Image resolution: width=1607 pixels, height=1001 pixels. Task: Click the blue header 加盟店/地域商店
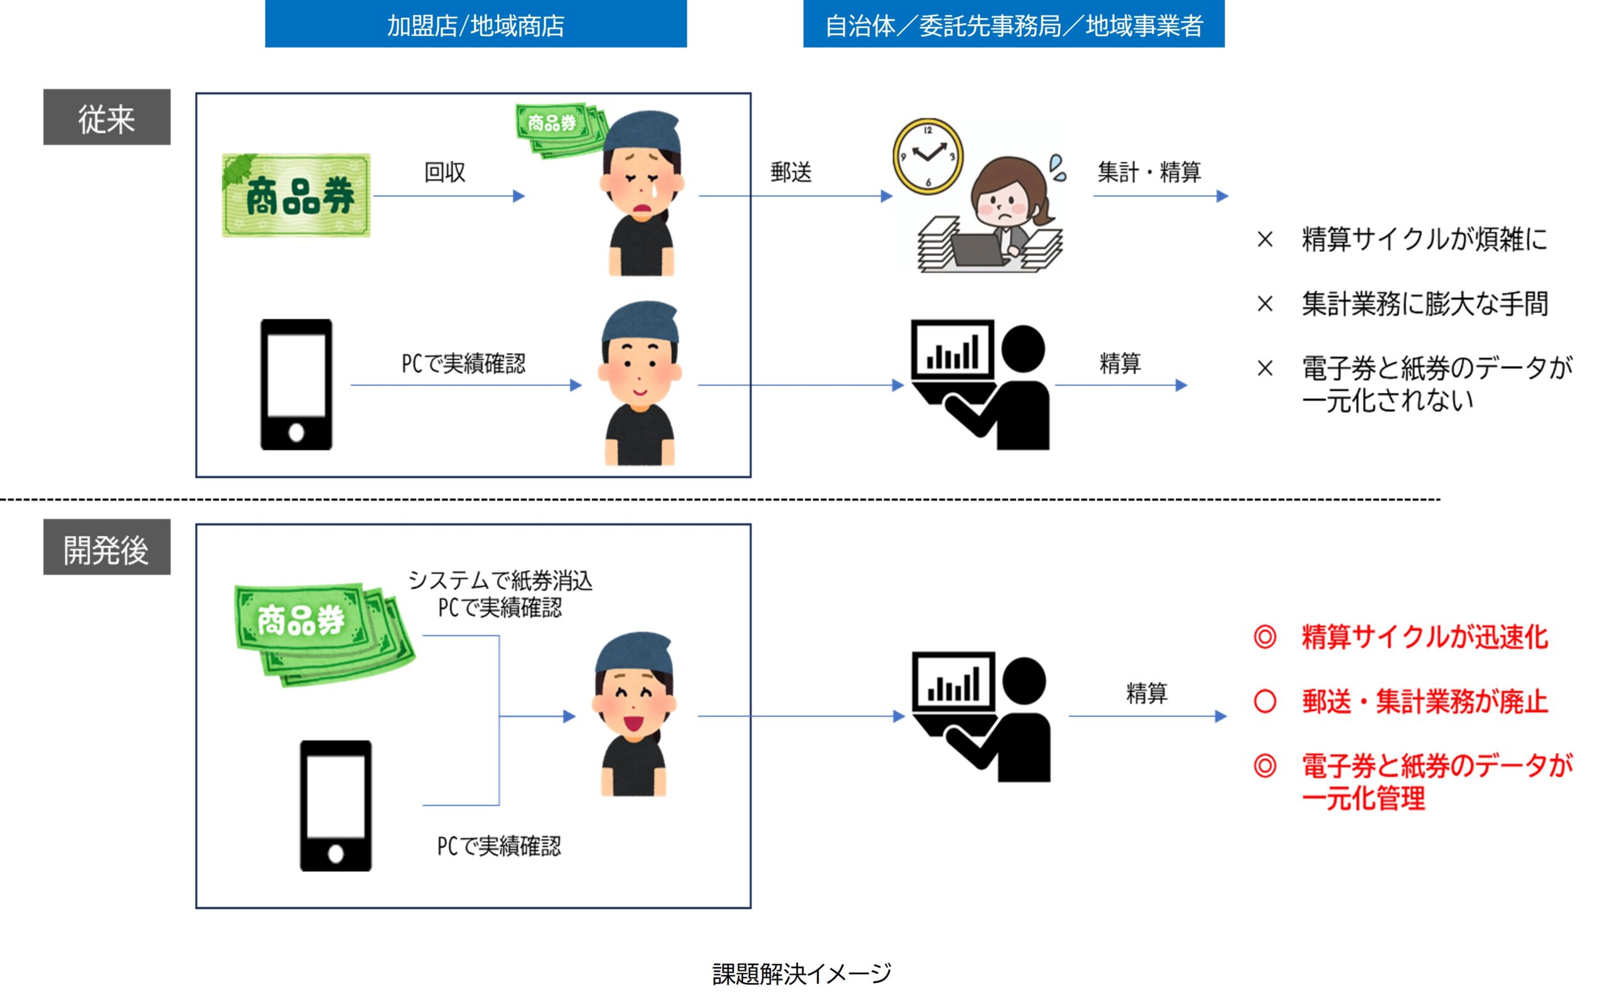[x=475, y=24]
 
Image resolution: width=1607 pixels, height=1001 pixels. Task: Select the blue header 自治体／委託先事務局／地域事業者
[x=1014, y=24]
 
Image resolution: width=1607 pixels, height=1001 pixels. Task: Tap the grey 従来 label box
[x=107, y=117]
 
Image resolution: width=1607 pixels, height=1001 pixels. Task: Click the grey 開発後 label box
[x=107, y=547]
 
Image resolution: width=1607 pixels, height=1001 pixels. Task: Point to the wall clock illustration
[x=928, y=156]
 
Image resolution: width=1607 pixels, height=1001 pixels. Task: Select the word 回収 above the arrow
[x=444, y=172]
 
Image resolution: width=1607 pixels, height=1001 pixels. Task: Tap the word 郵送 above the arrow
[x=790, y=172]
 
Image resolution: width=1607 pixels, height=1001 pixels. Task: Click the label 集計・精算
[x=1149, y=172]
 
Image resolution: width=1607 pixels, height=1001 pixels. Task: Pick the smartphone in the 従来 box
[x=296, y=385]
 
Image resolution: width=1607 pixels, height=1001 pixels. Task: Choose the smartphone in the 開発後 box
[x=336, y=806]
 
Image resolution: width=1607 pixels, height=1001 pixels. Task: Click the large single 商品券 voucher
[x=296, y=196]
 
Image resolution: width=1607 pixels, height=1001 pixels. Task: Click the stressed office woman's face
[x=1004, y=201]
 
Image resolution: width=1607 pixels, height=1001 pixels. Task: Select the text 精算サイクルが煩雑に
[x=1425, y=239]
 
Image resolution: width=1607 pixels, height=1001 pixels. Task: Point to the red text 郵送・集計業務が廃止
[x=1425, y=702]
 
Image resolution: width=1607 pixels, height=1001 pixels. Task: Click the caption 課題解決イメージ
[x=802, y=974]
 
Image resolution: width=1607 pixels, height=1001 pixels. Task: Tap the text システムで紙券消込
[x=500, y=581]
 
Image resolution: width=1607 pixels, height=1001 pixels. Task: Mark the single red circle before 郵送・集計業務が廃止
[x=1265, y=702]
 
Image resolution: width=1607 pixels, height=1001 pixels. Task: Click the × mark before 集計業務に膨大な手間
[x=1265, y=304]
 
